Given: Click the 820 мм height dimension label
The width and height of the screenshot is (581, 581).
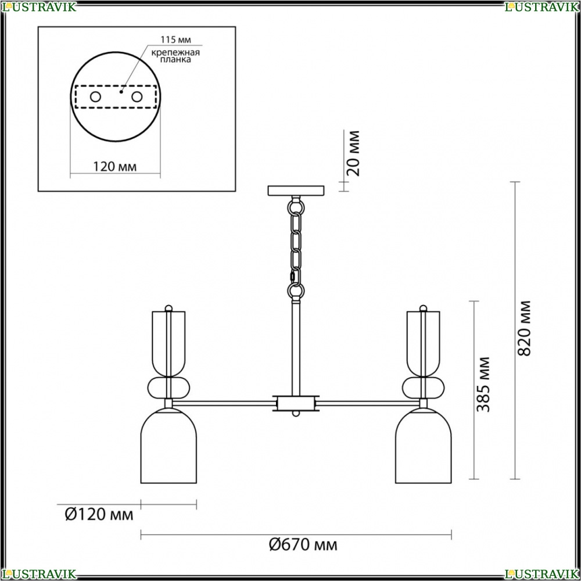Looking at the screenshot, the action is tap(524, 328).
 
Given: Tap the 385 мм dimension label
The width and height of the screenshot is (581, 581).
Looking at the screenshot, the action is tap(483, 384).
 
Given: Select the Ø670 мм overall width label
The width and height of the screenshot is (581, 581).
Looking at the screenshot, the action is tap(303, 545).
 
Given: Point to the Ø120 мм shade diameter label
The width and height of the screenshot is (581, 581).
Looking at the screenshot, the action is tap(99, 514).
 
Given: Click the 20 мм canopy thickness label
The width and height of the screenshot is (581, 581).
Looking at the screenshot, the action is tap(353, 153).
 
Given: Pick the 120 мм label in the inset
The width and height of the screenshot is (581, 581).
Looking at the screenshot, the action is tap(114, 167).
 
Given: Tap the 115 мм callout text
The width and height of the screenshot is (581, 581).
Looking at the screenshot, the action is tap(175, 40).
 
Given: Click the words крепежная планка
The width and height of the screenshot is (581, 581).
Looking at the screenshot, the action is tap(175, 56).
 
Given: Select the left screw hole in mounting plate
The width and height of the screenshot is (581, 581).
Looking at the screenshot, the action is tap(96, 97).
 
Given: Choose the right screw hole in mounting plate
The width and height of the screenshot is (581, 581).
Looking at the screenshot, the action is tap(137, 97).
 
